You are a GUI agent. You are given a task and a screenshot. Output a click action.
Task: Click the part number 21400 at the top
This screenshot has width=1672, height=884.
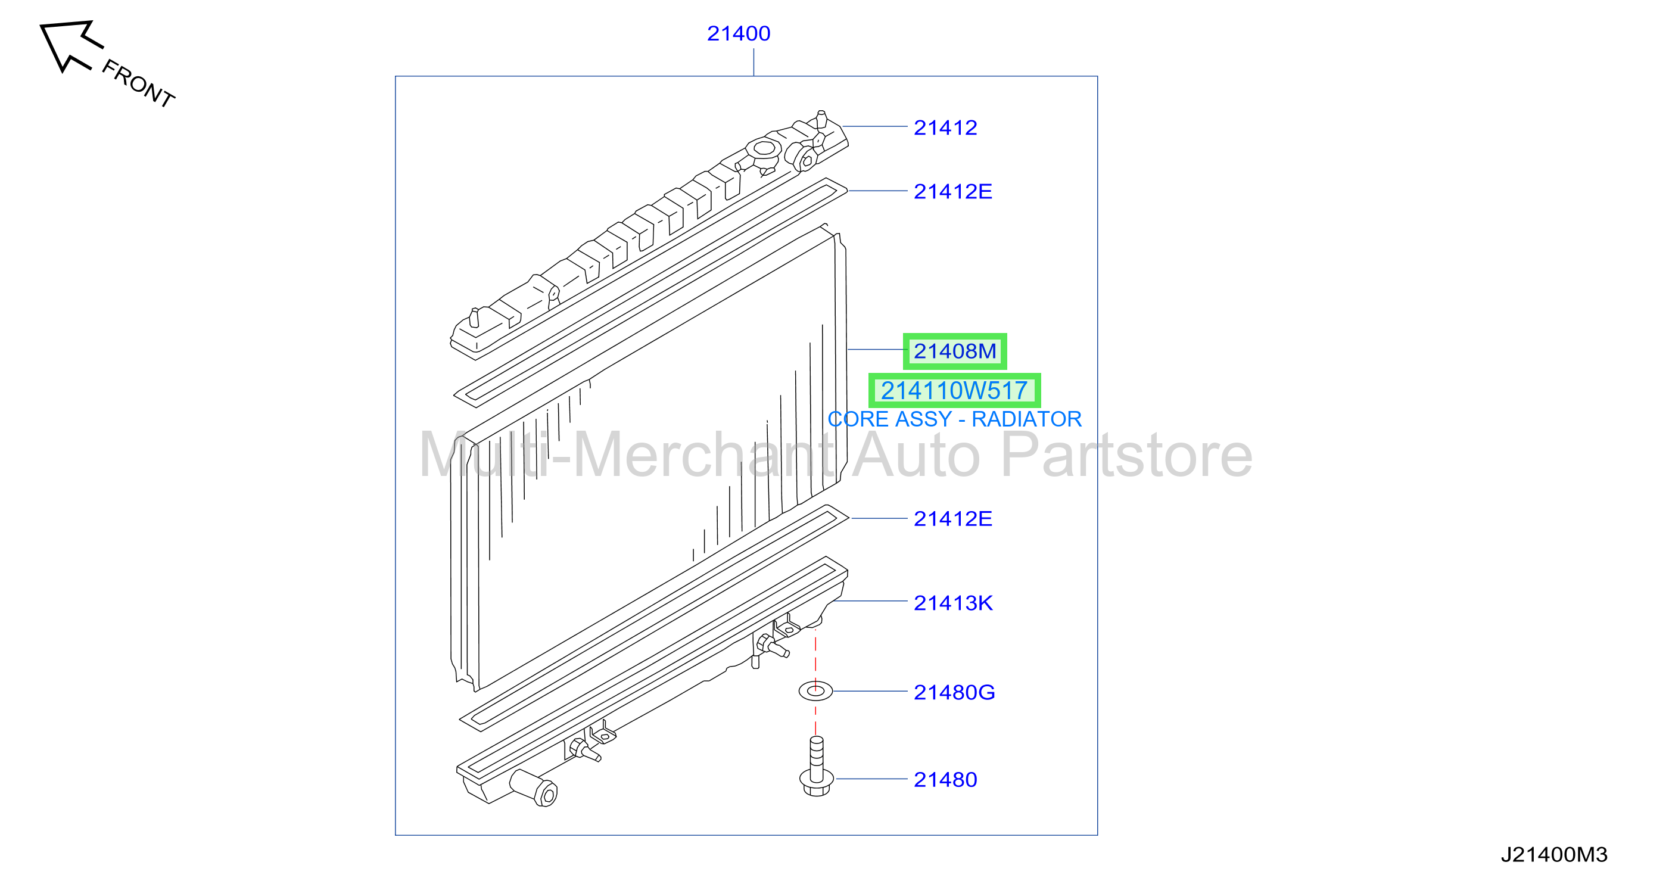point(739,33)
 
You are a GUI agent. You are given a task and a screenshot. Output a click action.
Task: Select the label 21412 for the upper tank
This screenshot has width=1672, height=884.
point(945,127)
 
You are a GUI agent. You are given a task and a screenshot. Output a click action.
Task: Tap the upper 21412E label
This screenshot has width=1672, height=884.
point(953,191)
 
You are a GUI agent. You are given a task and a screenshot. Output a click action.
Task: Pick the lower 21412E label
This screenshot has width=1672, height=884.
point(953,519)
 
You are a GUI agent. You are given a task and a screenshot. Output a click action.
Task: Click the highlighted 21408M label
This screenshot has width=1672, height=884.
point(955,351)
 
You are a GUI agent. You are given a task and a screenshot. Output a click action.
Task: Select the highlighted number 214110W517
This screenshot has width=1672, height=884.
point(954,391)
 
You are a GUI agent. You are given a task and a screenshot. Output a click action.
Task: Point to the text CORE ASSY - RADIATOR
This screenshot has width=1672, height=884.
point(955,419)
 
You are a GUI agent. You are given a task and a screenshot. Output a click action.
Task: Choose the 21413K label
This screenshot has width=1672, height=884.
point(953,603)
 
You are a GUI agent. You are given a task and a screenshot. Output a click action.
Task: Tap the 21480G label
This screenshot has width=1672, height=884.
point(954,693)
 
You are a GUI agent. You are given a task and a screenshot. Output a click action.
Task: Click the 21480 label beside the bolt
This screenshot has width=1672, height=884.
point(945,780)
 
